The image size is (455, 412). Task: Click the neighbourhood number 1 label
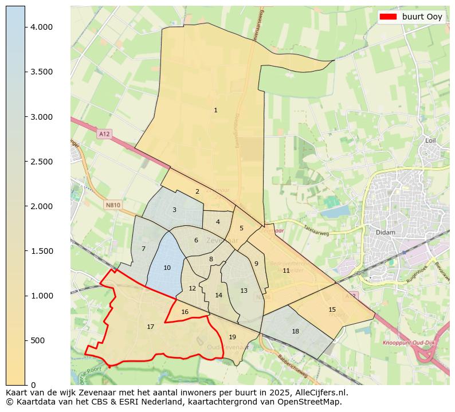215,110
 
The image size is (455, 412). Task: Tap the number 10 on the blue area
167,268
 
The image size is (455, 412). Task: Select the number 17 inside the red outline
150,327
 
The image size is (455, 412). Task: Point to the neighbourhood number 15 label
332,309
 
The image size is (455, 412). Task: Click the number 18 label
295,331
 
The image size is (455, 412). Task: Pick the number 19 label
232,337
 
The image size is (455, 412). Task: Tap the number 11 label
286,270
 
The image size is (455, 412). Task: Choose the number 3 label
174,210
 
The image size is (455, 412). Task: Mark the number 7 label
143,249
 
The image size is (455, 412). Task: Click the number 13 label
244,291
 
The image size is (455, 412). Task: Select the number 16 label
185,312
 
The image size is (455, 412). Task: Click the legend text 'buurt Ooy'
422,17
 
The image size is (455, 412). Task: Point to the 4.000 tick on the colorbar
42,27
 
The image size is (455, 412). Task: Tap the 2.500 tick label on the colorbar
42,162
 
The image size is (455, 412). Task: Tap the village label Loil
430,140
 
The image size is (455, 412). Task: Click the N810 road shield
113,205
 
